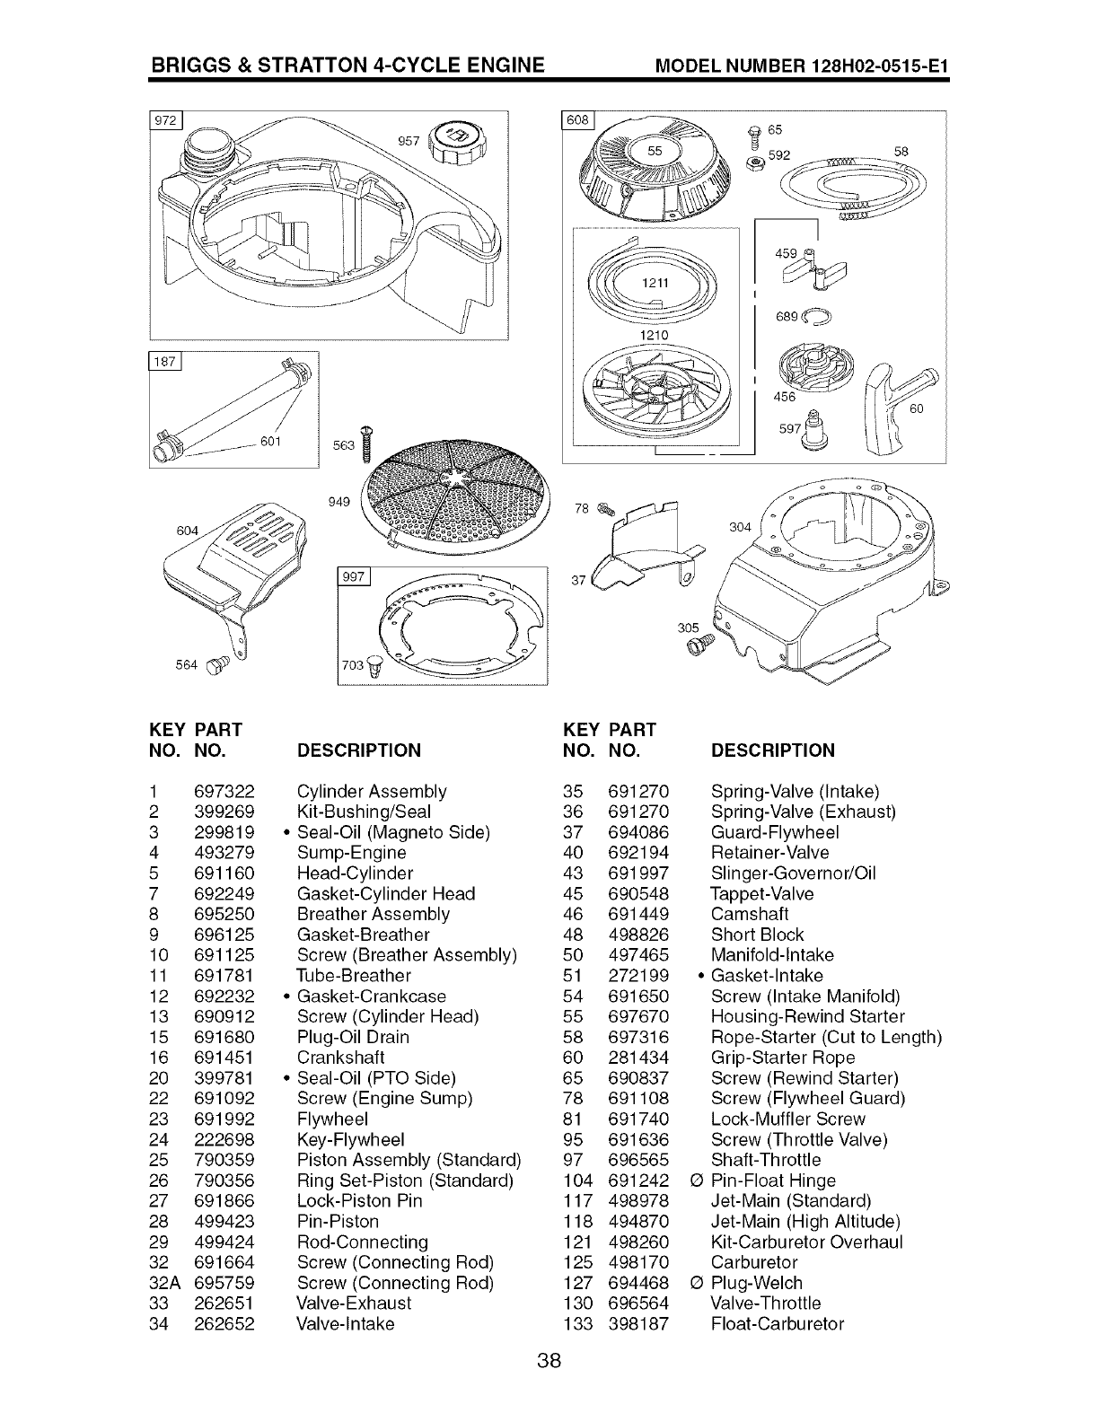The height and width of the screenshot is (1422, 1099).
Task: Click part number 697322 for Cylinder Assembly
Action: pos(224,792)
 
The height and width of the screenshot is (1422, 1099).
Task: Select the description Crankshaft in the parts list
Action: pos(340,1058)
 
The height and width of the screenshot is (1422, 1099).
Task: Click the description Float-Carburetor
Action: pos(777,1324)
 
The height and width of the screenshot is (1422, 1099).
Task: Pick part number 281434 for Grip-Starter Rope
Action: pos(638,1058)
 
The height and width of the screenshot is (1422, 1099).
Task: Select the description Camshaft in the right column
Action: pos(749,914)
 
